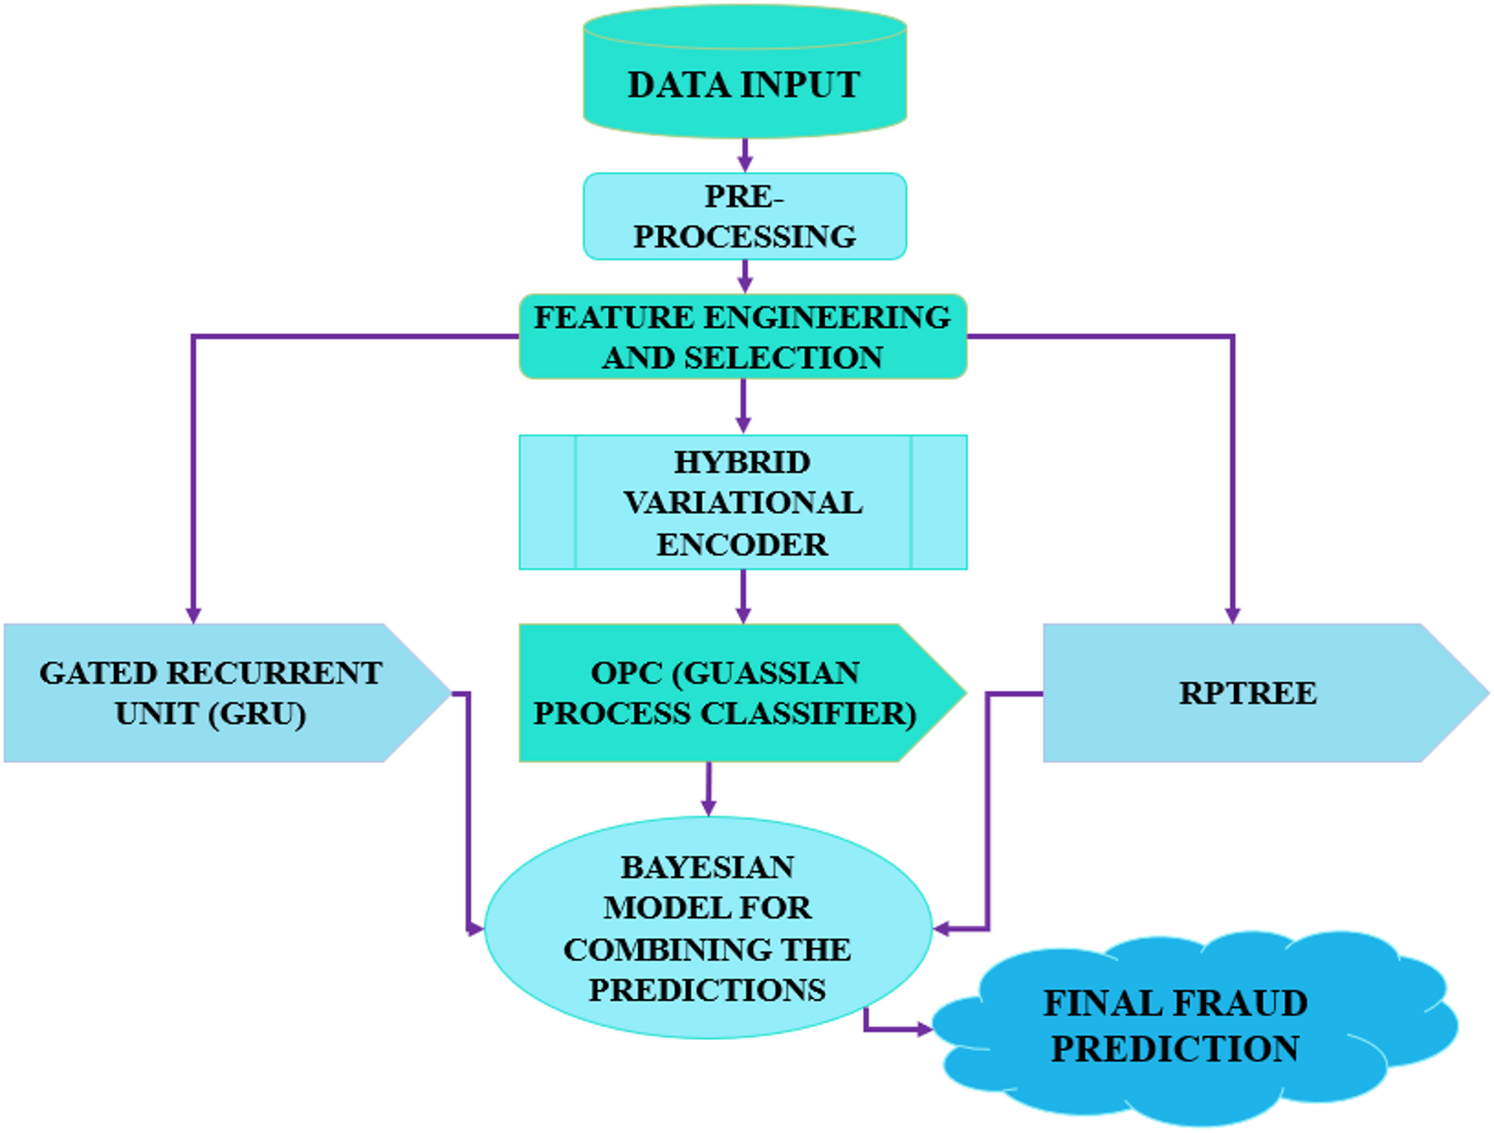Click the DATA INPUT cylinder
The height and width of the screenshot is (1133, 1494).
[x=744, y=83]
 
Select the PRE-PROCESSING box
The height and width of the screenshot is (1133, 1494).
[x=744, y=216]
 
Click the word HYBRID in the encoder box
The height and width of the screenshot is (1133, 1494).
[x=742, y=463]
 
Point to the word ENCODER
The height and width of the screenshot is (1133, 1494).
[x=742, y=545]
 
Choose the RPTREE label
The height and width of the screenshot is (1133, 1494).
[x=1248, y=693]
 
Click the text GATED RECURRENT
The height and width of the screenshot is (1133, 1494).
[x=211, y=673]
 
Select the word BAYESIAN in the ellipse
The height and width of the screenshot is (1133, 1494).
[x=707, y=867]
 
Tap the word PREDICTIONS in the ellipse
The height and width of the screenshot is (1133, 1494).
[x=707, y=990]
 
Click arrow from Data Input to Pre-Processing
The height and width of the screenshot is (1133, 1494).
[x=745, y=155]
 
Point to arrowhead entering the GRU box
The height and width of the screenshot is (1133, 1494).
[x=193, y=614]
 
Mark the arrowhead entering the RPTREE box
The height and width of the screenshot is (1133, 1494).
[x=1232, y=614]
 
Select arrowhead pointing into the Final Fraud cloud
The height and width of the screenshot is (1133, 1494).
[x=924, y=1030]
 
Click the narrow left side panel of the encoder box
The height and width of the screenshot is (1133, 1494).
[x=548, y=503]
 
